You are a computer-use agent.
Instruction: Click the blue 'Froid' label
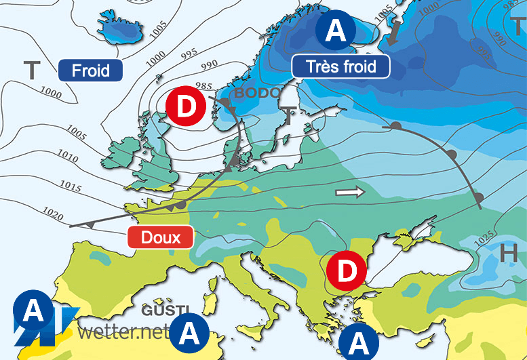pos(90,71)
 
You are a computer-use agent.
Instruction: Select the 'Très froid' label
pos(342,66)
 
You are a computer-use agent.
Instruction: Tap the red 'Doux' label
pos(161,237)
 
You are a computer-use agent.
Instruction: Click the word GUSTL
pos(163,310)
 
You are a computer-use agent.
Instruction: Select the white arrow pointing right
pos(350,193)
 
